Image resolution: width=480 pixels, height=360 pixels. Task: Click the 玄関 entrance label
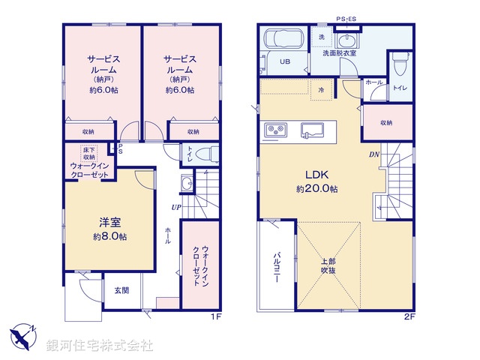pos(121,289)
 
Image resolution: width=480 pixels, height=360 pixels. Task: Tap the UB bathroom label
pos(285,62)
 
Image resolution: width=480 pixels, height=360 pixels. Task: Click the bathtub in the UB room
pos(280,38)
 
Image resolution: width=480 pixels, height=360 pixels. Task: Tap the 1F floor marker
pos(216,317)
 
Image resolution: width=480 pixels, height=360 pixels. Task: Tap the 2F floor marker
pos(409,317)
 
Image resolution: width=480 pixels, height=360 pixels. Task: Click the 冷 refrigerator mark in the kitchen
pos(321,89)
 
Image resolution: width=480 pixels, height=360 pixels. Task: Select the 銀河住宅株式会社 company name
pos(100,346)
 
